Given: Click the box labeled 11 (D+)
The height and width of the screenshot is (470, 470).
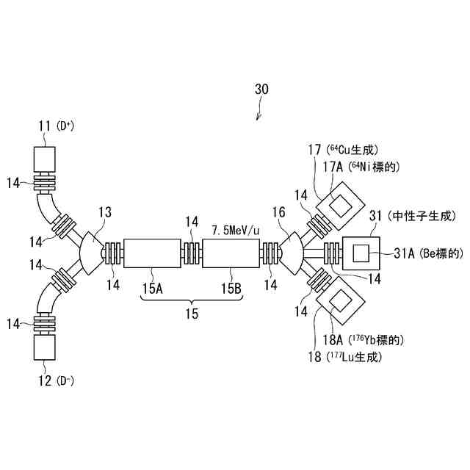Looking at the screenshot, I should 45,158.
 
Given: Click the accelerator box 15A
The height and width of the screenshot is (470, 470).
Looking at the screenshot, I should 153,254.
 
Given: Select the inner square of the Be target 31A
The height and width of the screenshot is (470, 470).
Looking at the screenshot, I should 361,254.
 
